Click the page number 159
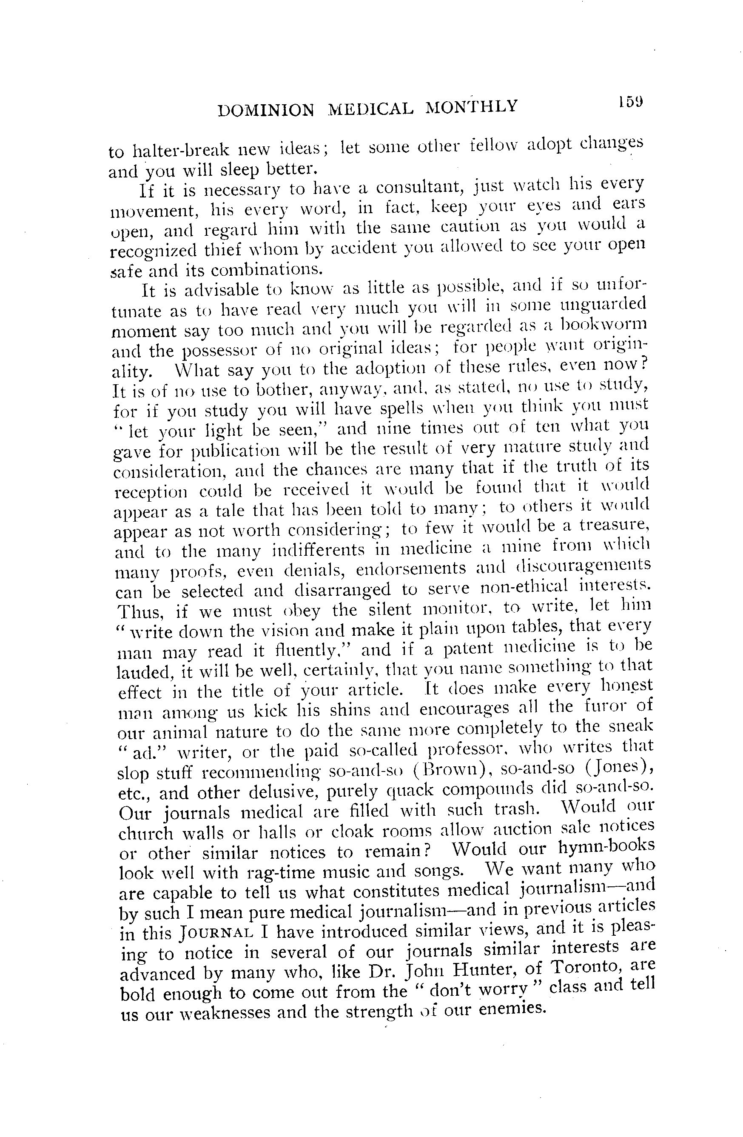pos(630,102)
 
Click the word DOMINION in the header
pos(265,110)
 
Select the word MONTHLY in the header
pos(471,106)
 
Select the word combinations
pos(266,270)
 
